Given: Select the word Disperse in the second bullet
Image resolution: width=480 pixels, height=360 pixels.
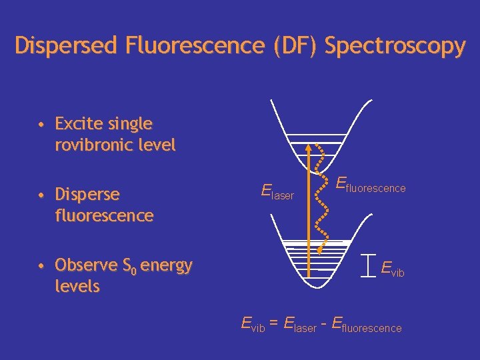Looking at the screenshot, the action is pos(87,195).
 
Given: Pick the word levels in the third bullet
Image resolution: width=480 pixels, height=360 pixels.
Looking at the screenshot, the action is pos(77,287).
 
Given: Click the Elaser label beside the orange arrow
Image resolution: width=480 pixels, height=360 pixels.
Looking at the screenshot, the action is pos(277,193).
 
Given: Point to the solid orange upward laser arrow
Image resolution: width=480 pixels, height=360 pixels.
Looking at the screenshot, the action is pos(309,200).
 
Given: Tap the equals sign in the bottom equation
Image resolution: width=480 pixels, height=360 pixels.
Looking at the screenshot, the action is pos(273,325).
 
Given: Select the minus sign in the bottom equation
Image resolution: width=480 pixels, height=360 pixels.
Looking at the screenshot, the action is pos(324,325).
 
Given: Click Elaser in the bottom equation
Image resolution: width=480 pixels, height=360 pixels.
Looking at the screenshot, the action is pos(299,326).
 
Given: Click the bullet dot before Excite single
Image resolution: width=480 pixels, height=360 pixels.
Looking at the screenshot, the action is pos(41,125).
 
